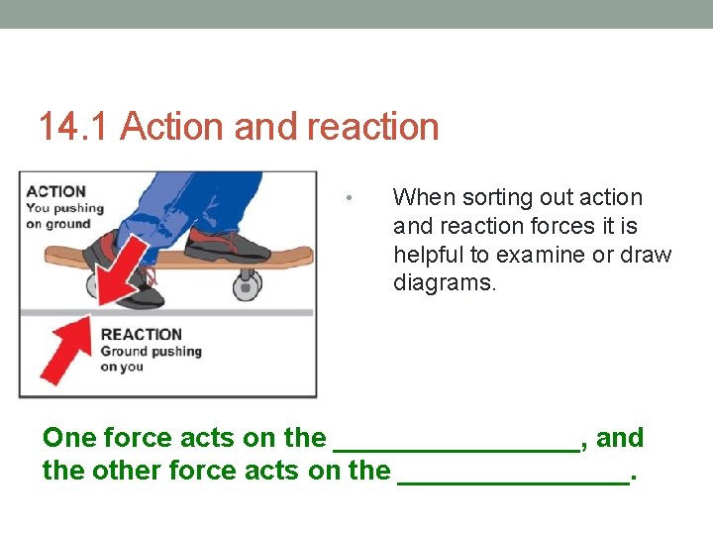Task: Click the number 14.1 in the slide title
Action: coord(75,127)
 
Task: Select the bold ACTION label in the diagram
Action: coord(55,191)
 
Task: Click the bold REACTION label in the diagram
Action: coord(142,334)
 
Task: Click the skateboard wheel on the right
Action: coord(245,287)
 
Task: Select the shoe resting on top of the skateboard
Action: coord(226,244)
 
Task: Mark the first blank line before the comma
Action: coord(457,448)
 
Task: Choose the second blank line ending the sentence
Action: coord(513,481)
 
